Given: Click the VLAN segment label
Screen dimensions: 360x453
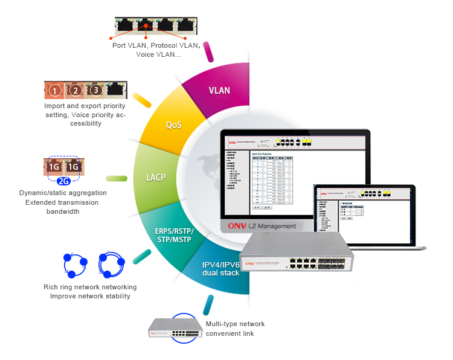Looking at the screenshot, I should coord(219,91).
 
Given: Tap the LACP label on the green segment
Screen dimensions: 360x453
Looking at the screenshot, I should coord(156,178).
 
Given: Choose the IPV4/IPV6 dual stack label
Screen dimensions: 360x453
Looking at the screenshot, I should coord(221,268).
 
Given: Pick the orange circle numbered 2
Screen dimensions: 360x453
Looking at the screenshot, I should coord(75,91).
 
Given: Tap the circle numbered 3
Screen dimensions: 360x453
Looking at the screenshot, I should coord(95,91).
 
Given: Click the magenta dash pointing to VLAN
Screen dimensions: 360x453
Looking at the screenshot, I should coord(209,52).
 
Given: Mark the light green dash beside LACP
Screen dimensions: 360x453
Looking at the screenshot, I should coord(117,179).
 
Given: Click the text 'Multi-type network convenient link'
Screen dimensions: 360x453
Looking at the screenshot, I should coord(235,329).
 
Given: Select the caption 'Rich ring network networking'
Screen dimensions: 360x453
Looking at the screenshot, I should coord(90,287).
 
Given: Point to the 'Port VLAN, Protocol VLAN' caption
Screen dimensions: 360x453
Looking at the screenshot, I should coord(155,45).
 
